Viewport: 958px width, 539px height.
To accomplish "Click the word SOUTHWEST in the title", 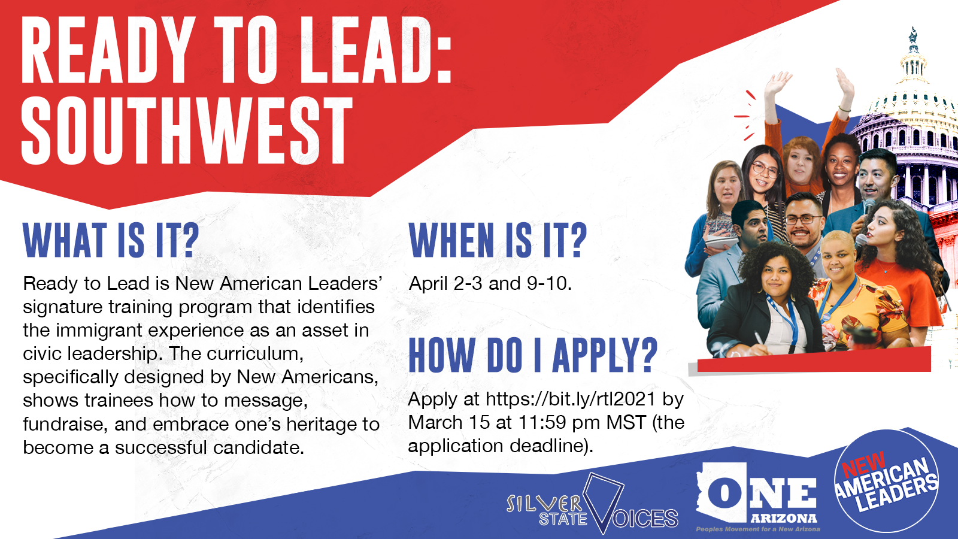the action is [x=187, y=131].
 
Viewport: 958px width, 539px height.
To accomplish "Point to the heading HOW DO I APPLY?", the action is [x=533, y=355].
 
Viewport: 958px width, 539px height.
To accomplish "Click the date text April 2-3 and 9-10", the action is [x=490, y=284].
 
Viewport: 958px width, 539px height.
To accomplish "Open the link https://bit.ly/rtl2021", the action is [x=571, y=399].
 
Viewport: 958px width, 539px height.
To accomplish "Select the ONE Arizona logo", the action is [x=757, y=496].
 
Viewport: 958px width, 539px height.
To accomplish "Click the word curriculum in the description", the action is [x=255, y=354].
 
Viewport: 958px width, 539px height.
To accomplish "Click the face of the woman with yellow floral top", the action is [x=838, y=257].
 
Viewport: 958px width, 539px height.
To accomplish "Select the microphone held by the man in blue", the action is [x=868, y=209].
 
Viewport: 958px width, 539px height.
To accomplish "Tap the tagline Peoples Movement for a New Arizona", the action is [x=758, y=529].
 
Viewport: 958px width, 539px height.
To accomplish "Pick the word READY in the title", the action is [x=107, y=50].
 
